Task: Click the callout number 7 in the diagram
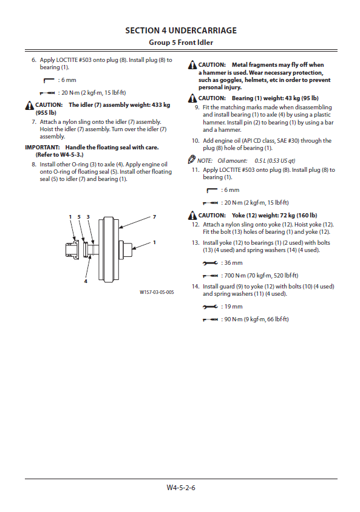point(154,217)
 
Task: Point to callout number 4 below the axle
point(86,281)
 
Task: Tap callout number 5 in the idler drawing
point(79,217)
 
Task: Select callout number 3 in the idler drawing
point(88,217)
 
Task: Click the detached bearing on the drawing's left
point(72,250)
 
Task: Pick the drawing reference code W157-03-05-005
point(157,292)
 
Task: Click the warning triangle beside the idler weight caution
point(29,105)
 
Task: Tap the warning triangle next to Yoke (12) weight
point(192,216)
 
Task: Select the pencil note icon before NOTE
point(192,160)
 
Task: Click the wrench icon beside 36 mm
point(210,263)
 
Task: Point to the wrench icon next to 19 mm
point(210,307)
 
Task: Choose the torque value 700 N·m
point(233,276)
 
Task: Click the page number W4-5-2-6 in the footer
point(181,488)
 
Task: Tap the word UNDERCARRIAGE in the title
point(202,31)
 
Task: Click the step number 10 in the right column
point(195,141)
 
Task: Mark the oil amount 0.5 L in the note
point(260,161)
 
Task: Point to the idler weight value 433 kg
point(161,105)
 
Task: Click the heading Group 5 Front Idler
point(181,43)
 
